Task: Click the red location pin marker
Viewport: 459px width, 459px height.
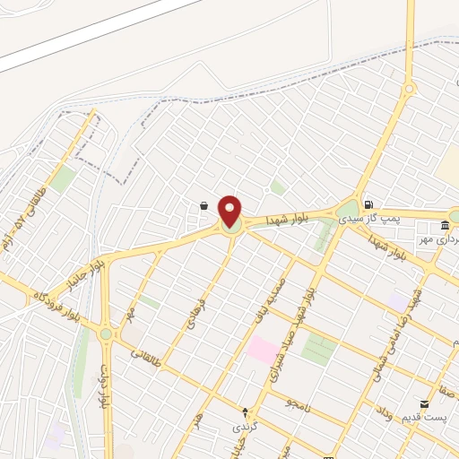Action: pos(230,212)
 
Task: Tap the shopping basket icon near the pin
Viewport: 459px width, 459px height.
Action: pos(204,206)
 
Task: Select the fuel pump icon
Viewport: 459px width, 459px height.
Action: pos(368,204)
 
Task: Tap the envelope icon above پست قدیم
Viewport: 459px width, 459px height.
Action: pos(424,406)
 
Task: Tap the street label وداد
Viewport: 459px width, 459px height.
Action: pos(383,413)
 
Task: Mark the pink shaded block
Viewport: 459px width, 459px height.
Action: pos(264,350)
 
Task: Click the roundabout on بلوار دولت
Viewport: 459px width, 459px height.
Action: pos(106,334)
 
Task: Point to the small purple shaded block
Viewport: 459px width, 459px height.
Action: pos(397,301)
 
